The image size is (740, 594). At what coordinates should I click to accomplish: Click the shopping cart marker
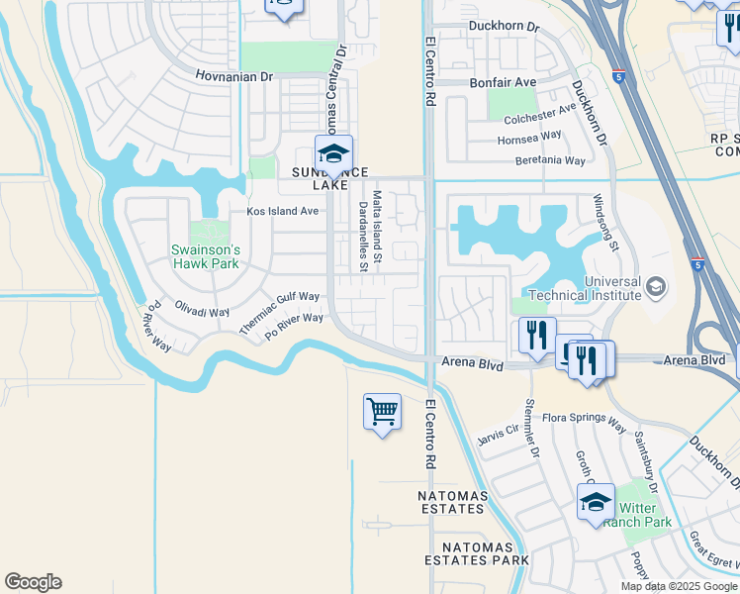point(382,411)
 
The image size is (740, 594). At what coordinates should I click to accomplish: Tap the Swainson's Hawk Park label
point(206,255)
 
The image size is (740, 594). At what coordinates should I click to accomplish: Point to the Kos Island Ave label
point(282,211)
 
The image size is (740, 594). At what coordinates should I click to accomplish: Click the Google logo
point(33,582)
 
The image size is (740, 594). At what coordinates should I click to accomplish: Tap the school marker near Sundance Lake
point(334,154)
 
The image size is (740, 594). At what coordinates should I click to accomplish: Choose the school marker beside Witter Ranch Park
point(596,502)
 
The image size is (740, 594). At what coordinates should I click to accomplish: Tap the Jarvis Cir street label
point(498,435)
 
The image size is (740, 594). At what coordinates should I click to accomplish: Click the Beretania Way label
point(546,160)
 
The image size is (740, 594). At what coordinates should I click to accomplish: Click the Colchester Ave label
point(539,114)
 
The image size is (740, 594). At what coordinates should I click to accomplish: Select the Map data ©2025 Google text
point(678,586)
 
